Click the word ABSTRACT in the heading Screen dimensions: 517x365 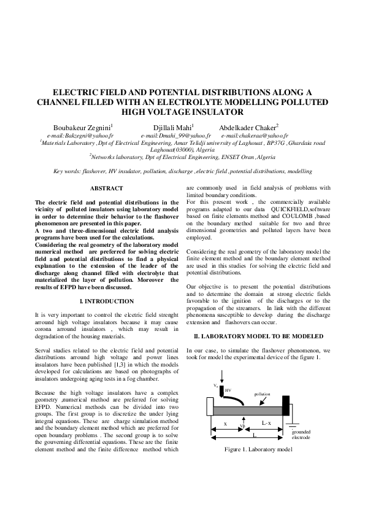click(x=107, y=188)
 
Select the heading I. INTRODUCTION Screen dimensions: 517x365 click(x=107, y=301)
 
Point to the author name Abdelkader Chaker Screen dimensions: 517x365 click(x=249, y=127)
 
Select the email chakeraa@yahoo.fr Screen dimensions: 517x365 click(x=255, y=135)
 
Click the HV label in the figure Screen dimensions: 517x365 click(x=228, y=390)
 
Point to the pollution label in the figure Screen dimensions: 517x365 click(x=262, y=395)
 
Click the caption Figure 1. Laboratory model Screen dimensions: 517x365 click(x=257, y=449)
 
